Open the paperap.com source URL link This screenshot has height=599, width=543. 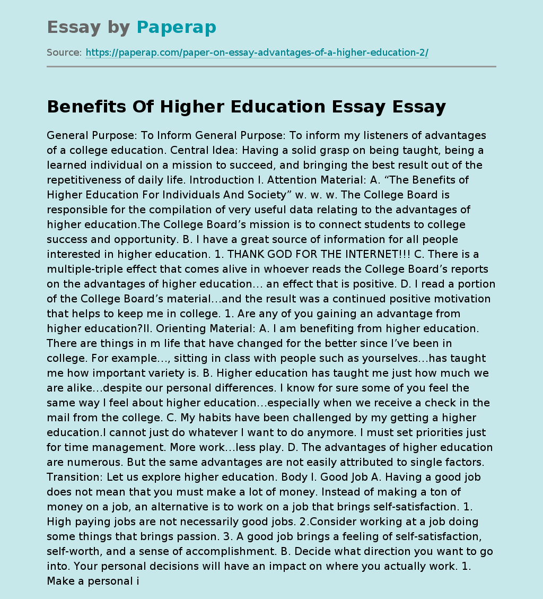pyautogui.click(x=257, y=53)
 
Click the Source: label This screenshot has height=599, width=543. pyautogui.click(x=64, y=53)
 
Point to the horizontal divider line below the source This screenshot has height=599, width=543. pyautogui.click(x=271, y=66)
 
